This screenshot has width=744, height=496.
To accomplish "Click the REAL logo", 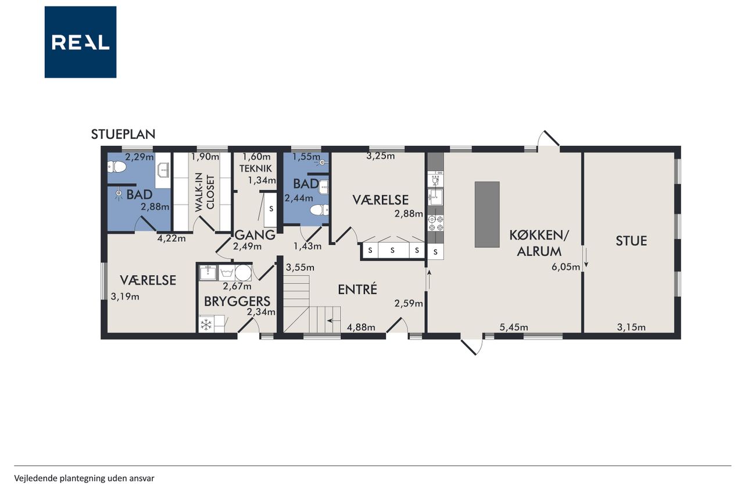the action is [80, 42].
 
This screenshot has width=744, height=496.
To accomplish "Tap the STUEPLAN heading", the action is [123, 134].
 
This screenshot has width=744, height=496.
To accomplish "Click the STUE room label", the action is [631, 241].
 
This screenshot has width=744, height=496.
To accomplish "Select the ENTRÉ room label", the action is [357, 290].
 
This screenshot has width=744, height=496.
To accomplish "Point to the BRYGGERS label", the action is [237, 301].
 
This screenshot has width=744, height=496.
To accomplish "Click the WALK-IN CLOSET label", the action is [205, 193].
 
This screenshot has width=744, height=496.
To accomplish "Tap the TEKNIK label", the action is [255, 169].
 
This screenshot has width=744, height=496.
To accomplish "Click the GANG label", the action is [255, 235].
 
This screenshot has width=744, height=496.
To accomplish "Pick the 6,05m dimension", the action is [566, 267].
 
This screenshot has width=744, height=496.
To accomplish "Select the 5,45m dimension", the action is [514, 327].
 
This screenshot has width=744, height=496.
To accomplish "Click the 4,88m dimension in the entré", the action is [361, 327].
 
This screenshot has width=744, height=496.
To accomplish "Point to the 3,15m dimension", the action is [631, 327].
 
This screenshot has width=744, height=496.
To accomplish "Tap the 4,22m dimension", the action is [171, 238].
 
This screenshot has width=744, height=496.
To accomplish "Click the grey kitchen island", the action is [487, 215].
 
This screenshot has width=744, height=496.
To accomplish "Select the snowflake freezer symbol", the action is [206, 324].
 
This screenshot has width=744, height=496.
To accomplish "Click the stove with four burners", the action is [436, 223].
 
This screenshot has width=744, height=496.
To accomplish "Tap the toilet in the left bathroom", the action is [117, 167].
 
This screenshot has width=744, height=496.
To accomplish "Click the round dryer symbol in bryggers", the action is [243, 273].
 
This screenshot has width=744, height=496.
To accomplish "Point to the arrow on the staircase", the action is [334, 320].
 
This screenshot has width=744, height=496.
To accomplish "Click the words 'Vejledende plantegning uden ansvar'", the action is [84, 479].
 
